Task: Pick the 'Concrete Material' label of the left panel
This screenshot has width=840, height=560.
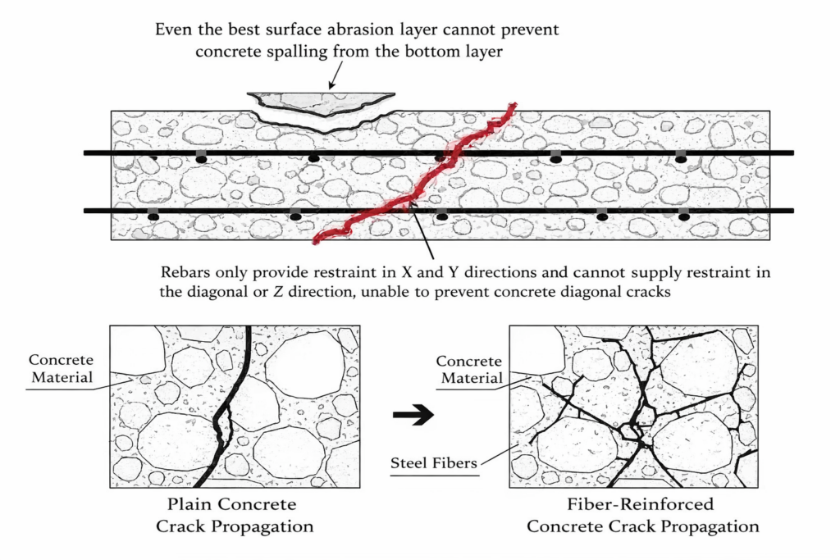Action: [x=61, y=368]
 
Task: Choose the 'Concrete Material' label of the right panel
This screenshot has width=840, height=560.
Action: [x=468, y=370]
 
